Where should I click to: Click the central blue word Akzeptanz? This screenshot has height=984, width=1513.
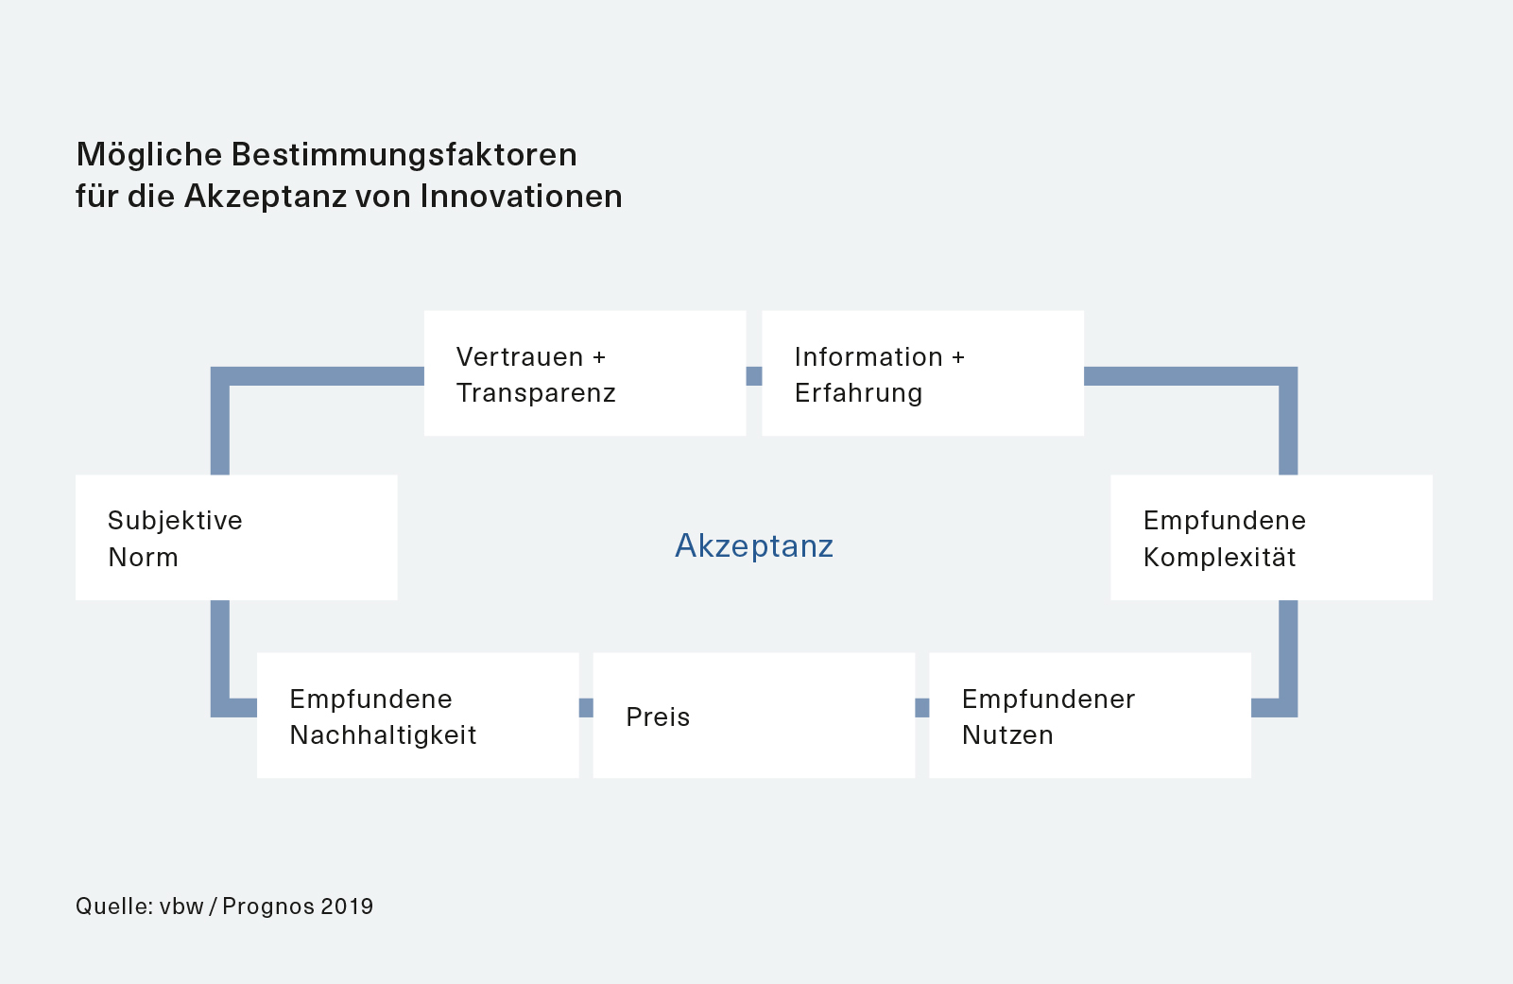pyautogui.click(x=754, y=545)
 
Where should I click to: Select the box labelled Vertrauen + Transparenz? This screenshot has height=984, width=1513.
pyautogui.click(x=585, y=373)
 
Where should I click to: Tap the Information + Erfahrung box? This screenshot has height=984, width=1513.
pyautogui.click(x=922, y=373)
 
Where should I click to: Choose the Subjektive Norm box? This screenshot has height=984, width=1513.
pyautogui.click(x=236, y=537)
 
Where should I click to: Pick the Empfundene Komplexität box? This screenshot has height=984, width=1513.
pyautogui.click(x=1271, y=537)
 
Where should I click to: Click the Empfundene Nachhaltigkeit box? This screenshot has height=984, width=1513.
pyautogui.click(x=418, y=715)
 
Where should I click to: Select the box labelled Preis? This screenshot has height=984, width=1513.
pyautogui.click(x=754, y=715)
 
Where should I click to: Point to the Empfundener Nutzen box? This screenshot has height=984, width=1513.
pyautogui.click(x=1091, y=715)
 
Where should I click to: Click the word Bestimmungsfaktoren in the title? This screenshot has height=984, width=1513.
pyautogui.click(x=404, y=155)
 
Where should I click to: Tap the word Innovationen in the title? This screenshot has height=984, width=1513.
pyautogui.click(x=521, y=196)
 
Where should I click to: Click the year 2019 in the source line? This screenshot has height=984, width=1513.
pyautogui.click(x=347, y=906)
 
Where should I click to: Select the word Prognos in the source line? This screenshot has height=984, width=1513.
pyautogui.click(x=268, y=906)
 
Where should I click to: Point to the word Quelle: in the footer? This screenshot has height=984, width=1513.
pyautogui.click(x=114, y=906)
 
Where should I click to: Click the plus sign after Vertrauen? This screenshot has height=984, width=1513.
pyautogui.click(x=598, y=357)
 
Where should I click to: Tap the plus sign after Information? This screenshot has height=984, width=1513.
pyautogui.click(x=957, y=357)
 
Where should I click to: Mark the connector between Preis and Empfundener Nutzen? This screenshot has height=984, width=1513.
pyautogui.click(x=922, y=708)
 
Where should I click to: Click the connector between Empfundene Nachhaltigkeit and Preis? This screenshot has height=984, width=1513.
pyautogui.click(x=586, y=708)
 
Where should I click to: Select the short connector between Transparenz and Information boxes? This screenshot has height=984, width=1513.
pyautogui.click(x=754, y=376)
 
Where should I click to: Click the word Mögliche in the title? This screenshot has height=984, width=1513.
pyautogui.click(x=149, y=155)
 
